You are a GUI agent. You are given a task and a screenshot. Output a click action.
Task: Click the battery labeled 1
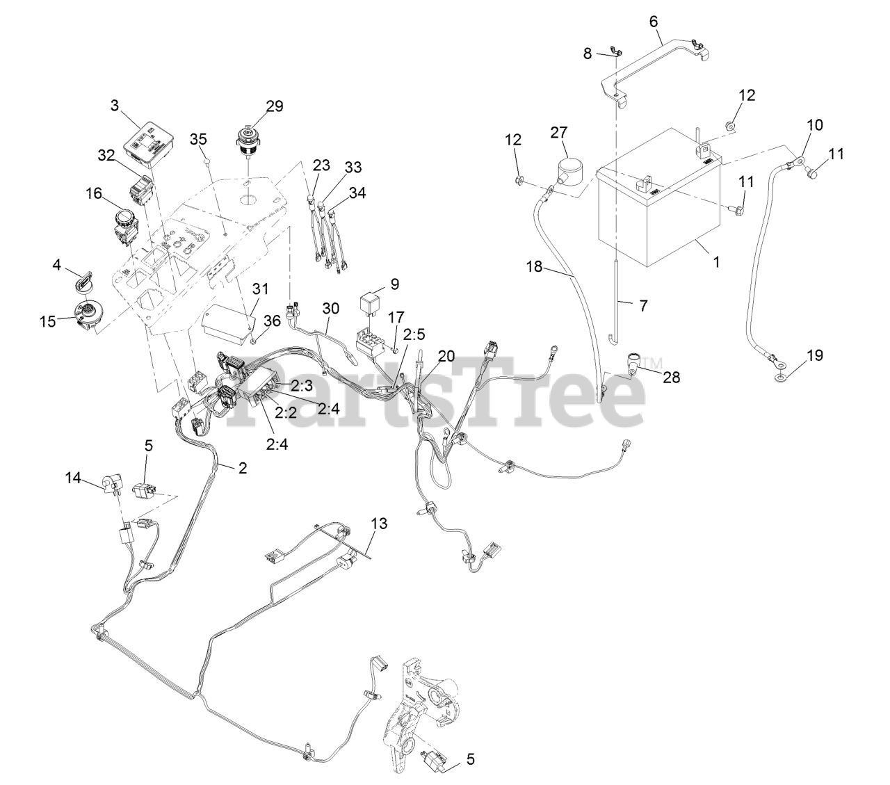[657, 209]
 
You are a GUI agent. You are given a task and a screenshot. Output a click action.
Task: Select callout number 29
[274, 106]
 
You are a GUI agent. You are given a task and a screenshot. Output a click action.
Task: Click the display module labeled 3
[152, 140]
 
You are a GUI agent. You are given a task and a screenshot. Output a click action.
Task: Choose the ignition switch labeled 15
[91, 314]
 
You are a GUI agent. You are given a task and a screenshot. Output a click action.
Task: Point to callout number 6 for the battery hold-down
[653, 21]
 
